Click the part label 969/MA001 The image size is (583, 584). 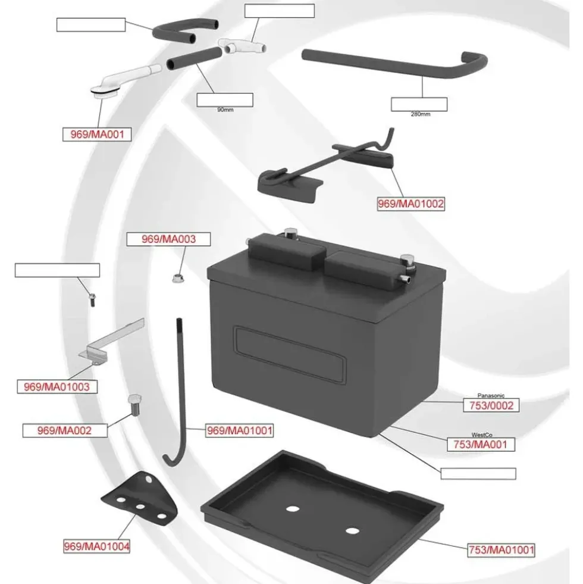click(97, 135)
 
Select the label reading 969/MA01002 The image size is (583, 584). click(411, 204)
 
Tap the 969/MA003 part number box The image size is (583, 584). click(168, 239)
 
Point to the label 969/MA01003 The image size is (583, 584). click(57, 386)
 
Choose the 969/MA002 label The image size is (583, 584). click(65, 430)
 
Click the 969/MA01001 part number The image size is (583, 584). click(240, 430)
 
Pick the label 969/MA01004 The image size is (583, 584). click(97, 546)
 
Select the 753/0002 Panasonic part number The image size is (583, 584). click(491, 405)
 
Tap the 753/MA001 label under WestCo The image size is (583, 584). click(481, 444)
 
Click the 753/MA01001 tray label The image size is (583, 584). click(501, 549)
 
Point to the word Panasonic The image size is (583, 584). click(491, 395)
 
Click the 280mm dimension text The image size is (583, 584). click(421, 114)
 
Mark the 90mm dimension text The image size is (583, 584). click(225, 110)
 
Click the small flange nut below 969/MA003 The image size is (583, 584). click(178, 278)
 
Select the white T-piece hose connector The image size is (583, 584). click(242, 46)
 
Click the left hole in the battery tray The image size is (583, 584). click(293, 509)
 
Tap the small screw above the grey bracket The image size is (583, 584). click(92, 299)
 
